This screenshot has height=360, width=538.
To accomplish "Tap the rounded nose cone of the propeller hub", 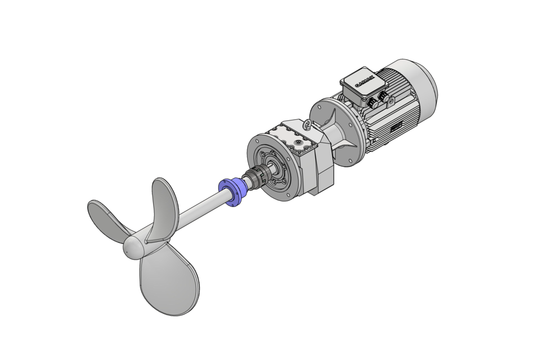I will [x=134, y=247].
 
